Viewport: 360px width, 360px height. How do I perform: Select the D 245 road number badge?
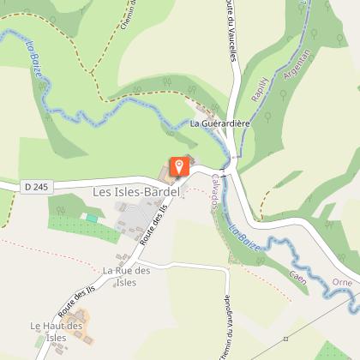pyautogui.click(x=33, y=186)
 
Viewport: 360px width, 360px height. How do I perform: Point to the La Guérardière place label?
pyautogui.click(x=219, y=124)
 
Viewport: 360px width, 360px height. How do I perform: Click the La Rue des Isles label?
pyautogui.click(x=126, y=276)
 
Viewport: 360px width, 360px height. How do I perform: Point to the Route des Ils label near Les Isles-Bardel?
pyautogui.click(x=150, y=231)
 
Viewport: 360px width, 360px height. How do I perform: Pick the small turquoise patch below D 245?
pyautogui.click(x=92, y=219)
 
